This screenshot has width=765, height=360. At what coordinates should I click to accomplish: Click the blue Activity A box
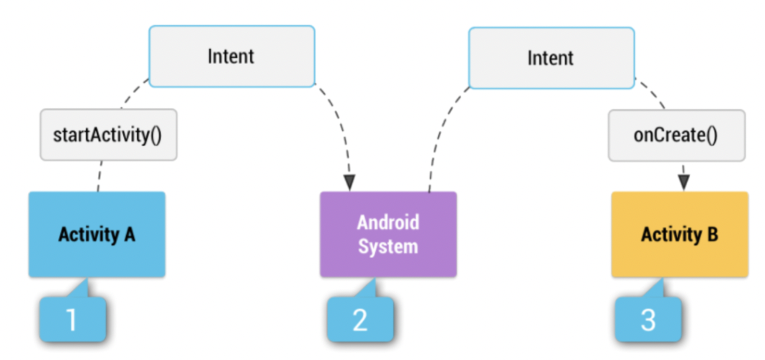pyautogui.click(x=97, y=234)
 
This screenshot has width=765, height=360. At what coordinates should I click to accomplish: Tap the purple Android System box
pyautogui.click(x=388, y=234)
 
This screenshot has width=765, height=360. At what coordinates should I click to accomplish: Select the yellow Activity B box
pyautogui.click(x=679, y=234)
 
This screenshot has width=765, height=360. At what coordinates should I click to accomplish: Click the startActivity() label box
pyautogui.click(x=108, y=135)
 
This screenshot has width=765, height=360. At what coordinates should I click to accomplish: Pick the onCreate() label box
pyautogui.click(x=676, y=135)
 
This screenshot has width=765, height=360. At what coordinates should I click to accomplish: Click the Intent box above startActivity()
pyautogui.click(x=231, y=56)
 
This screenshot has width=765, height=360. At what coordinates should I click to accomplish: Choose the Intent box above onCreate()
pyautogui.click(x=551, y=58)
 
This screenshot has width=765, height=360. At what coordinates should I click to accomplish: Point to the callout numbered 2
pyautogui.click(x=360, y=319)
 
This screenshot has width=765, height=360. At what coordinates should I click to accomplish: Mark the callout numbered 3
pyautogui.click(x=648, y=319)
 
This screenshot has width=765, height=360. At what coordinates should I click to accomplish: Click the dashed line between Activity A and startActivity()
pyautogui.click(x=99, y=176)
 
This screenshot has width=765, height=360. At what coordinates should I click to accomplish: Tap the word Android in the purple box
pyautogui.click(x=388, y=222)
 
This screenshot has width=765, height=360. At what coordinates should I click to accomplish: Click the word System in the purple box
pyautogui.click(x=388, y=246)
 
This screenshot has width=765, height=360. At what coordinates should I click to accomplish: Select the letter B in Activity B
pyautogui.click(x=712, y=235)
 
